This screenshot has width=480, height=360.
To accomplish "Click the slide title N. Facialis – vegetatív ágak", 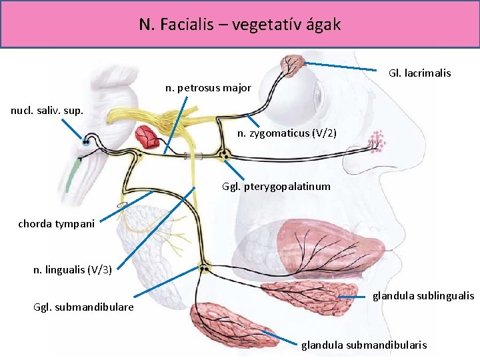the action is pos(240,25).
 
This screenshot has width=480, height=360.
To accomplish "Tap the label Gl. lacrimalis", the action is pos(419,73).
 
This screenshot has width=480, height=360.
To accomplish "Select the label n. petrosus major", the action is pos(208,87).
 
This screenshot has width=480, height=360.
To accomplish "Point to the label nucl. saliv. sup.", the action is pos(47,111).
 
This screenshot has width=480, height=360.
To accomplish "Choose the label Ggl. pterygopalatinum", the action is pos(275,186).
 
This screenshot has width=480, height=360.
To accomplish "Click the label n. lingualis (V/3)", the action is pos(72,269).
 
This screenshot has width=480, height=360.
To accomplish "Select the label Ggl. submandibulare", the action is pos(83,307).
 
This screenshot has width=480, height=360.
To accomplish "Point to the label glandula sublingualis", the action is pos(423,295).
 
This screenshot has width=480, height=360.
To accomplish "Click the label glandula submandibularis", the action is pos(364,345).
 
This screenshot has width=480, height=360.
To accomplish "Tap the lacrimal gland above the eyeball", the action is pos(291,65).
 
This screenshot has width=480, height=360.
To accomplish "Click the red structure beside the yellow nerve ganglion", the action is pos(147,137).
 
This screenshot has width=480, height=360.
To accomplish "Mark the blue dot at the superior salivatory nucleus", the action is pos(86,142).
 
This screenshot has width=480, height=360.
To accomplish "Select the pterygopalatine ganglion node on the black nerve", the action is pos(225,155).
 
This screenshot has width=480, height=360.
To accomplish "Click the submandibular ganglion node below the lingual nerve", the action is pos(204,268).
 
